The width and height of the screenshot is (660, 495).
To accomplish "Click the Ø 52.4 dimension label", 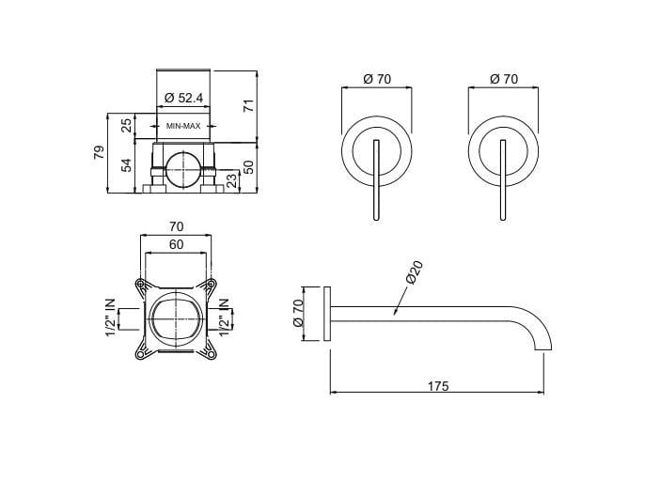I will coord(184,98).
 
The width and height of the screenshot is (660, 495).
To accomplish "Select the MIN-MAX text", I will coord(184,125).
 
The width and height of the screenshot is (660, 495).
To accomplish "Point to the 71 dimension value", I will coord(249,104).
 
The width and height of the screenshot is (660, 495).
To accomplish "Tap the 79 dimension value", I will coord(100,152).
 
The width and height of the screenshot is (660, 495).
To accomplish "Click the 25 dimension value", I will coord(128,125).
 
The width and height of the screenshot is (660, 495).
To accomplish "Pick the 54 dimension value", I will coord(128,165).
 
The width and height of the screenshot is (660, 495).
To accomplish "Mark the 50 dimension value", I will coord(249,166).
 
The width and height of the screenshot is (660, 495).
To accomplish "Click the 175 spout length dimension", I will coord(437,385).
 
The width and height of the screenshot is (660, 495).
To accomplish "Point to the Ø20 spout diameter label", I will coord(414,272).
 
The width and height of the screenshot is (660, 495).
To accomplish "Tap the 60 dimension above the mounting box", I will coord(176,244).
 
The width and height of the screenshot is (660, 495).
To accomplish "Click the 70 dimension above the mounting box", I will coord(176,226).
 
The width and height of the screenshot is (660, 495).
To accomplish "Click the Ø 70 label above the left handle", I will coord(375,80).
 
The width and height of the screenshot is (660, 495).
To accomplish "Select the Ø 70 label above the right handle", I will coord(503,80).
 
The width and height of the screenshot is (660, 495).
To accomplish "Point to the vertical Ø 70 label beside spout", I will coord(300,312).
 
